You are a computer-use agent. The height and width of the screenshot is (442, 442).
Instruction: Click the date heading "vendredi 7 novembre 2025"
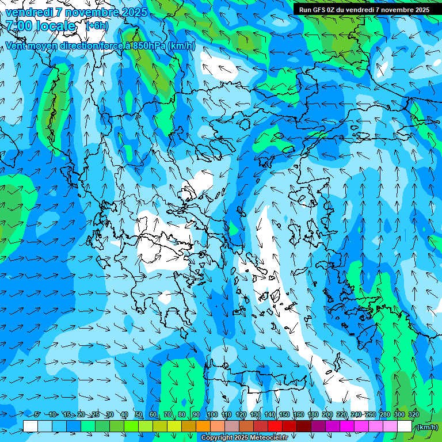76,12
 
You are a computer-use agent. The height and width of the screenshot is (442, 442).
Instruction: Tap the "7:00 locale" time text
41,26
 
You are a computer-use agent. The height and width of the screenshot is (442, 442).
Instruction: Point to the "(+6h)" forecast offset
97,26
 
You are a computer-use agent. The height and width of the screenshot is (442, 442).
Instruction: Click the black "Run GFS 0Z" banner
364,10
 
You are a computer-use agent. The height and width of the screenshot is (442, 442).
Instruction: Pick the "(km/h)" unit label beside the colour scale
427,427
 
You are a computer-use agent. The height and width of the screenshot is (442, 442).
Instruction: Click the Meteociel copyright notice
244,438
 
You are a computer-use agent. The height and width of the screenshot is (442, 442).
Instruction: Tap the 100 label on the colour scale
212,414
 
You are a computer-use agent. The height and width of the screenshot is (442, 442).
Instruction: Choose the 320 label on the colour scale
413,414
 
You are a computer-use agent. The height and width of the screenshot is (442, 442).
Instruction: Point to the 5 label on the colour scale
37,414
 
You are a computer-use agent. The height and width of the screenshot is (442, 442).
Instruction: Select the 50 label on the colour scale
139,414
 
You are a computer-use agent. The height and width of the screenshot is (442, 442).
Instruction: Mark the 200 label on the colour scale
327,414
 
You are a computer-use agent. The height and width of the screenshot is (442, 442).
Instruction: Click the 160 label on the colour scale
298,414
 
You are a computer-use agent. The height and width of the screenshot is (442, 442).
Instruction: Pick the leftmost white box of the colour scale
31,426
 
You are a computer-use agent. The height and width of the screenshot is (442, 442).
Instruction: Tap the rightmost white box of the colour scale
405,426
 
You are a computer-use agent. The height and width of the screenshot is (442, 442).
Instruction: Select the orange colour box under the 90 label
203,426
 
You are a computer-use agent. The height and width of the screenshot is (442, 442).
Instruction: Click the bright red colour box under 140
275,426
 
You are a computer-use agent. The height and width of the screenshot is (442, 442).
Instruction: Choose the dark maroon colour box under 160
304,426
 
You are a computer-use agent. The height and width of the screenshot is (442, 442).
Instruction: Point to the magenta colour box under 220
347,426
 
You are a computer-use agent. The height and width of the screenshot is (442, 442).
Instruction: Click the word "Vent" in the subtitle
16,46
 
